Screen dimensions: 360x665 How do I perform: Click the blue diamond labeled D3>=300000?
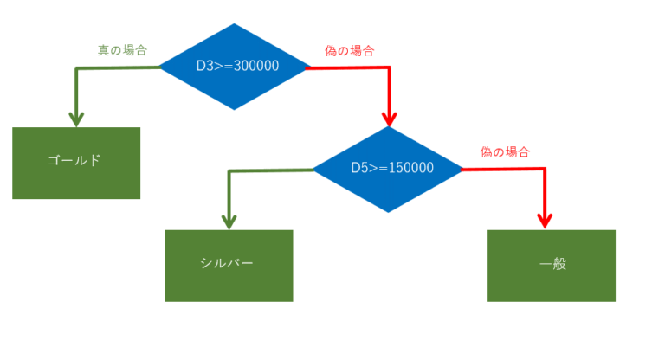[x=235, y=65]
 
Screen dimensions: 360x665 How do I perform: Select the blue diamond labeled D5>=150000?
[x=389, y=168]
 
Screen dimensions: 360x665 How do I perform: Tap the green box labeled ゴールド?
[x=76, y=163]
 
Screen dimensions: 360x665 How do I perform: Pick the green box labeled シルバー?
[x=229, y=265]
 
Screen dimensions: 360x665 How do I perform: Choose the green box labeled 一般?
[x=552, y=265]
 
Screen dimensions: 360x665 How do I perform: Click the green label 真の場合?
[x=121, y=50]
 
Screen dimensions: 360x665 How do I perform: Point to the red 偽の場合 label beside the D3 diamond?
[x=349, y=50]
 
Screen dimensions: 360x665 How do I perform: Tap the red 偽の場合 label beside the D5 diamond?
[x=505, y=151]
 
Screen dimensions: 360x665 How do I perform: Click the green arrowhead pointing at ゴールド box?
[x=77, y=119]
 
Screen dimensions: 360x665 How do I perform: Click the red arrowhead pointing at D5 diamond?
[x=390, y=119]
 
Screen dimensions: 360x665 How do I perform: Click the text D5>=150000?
[x=392, y=168]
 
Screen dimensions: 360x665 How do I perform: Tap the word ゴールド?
[x=76, y=161]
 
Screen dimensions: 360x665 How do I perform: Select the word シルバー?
[x=229, y=264]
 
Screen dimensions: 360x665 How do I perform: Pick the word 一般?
[x=552, y=265]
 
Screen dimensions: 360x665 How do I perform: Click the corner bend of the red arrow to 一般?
[x=546, y=169]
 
